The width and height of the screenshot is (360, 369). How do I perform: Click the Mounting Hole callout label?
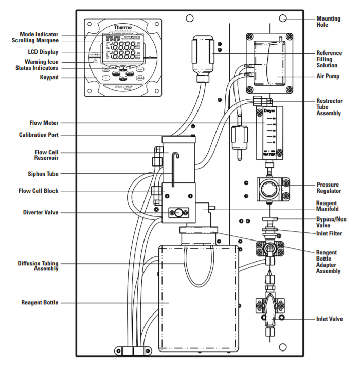pyautogui.click(x=328, y=22)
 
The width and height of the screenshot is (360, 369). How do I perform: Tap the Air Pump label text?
pyautogui.click(x=328, y=76)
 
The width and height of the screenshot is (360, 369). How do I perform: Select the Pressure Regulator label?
pyautogui.click(x=328, y=188)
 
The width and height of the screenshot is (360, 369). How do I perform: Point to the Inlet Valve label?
pyautogui.click(x=330, y=319)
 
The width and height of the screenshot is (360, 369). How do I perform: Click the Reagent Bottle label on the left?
pyautogui.click(x=40, y=303)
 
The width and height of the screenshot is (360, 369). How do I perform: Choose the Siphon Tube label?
pyautogui.click(x=42, y=173)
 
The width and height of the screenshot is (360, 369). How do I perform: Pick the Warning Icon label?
pyautogui.click(x=41, y=61)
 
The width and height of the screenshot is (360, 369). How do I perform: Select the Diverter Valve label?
pyautogui.click(x=41, y=212)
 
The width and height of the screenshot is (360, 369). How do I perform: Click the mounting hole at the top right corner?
pyautogui.click(x=282, y=19)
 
